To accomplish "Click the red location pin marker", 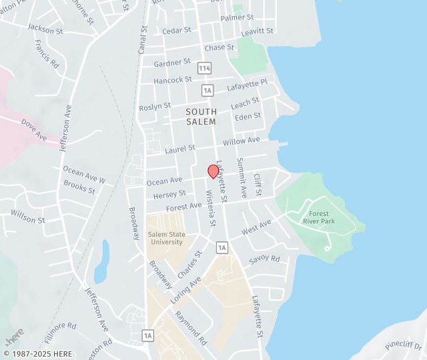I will (213, 171).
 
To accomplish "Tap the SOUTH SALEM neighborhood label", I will (201, 117).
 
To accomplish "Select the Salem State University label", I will (167, 237).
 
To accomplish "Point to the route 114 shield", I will (204, 68).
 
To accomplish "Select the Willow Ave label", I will (241, 141).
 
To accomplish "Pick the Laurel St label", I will (180, 148).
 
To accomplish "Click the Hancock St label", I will (172, 80).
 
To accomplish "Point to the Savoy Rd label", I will (264, 259).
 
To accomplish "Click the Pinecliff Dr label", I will (404, 345).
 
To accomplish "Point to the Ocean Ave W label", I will (84, 175).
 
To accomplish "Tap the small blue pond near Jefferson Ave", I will (101, 262).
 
